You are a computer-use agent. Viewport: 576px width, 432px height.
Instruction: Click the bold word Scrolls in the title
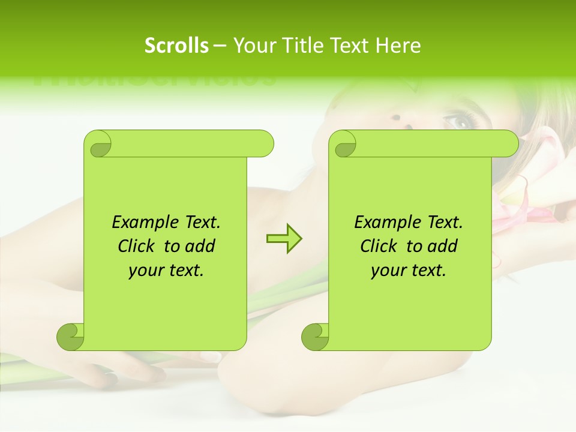(x=176, y=46)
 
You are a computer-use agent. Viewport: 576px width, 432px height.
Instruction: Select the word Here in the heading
(x=398, y=46)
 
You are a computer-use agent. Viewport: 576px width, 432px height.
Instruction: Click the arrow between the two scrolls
(x=284, y=239)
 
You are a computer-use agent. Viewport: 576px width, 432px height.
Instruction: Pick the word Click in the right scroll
(x=378, y=246)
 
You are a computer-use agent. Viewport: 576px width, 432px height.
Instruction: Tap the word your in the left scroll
(x=145, y=271)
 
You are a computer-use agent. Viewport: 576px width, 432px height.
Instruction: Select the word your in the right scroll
(x=387, y=271)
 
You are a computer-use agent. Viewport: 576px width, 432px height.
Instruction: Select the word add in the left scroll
(x=200, y=246)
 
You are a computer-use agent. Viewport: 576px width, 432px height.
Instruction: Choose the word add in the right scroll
(x=443, y=246)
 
